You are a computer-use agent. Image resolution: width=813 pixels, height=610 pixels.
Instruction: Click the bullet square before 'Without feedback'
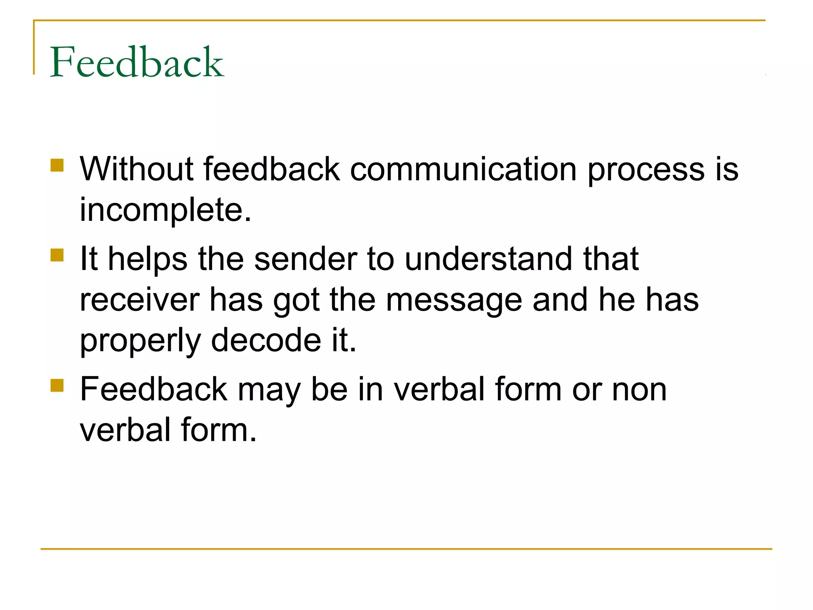[x=57, y=165]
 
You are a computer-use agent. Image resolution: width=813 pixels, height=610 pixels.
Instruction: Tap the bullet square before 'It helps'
[x=57, y=255]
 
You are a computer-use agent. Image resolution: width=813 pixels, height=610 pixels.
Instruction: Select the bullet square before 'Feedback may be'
[x=57, y=385]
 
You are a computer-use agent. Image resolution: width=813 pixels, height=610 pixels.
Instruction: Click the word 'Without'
[x=137, y=169]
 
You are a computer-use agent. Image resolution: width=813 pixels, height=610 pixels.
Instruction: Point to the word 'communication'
[x=463, y=169]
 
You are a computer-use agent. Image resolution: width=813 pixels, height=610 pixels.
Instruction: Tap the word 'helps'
[x=148, y=259]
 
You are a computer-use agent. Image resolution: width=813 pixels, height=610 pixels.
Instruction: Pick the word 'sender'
[x=306, y=259]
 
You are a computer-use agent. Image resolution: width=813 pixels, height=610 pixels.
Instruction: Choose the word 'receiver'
[x=140, y=300]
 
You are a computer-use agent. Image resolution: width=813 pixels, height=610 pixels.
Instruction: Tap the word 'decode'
[x=266, y=340]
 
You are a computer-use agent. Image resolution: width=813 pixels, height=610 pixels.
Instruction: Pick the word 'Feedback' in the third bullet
[x=154, y=389]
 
